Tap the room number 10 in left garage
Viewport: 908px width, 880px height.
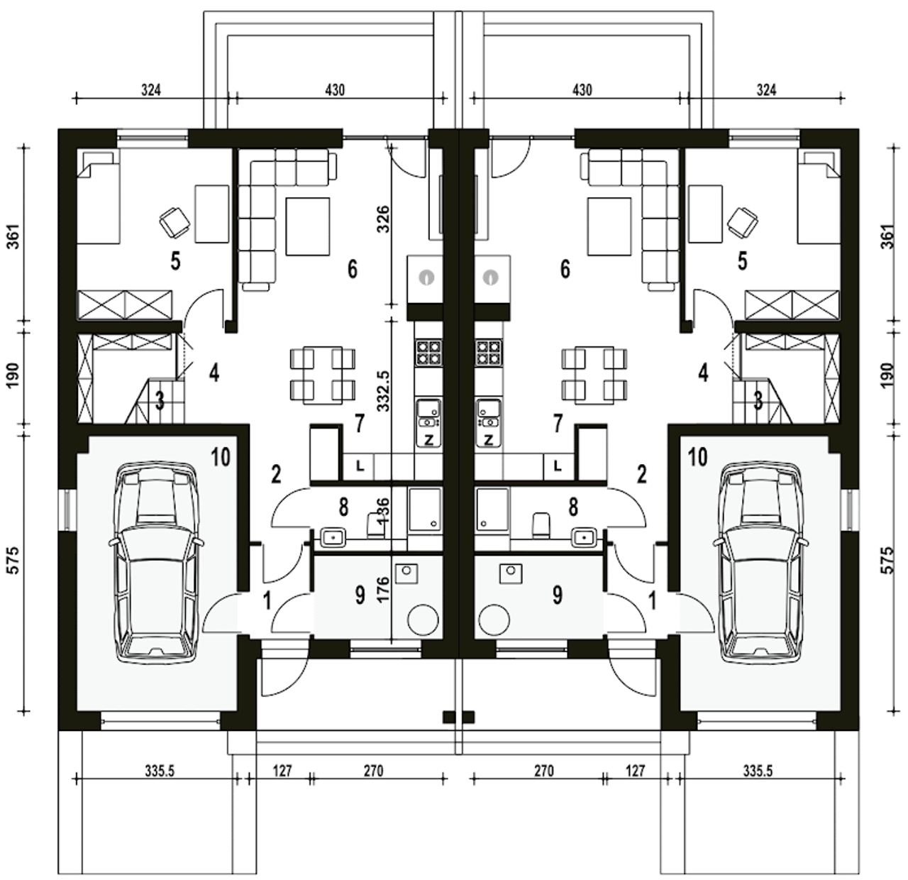tap(221, 457)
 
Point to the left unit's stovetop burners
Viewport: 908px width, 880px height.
tap(429, 353)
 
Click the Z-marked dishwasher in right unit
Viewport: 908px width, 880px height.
tap(489, 439)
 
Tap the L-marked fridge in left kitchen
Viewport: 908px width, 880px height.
tap(360, 466)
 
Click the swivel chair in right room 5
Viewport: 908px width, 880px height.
tap(742, 221)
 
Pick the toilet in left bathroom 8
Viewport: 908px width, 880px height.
tap(376, 526)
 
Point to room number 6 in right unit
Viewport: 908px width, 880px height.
tap(565, 269)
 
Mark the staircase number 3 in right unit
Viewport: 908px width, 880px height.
tap(758, 400)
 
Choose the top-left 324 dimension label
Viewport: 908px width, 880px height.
tap(151, 89)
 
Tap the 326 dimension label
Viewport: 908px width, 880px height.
tap(384, 219)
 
